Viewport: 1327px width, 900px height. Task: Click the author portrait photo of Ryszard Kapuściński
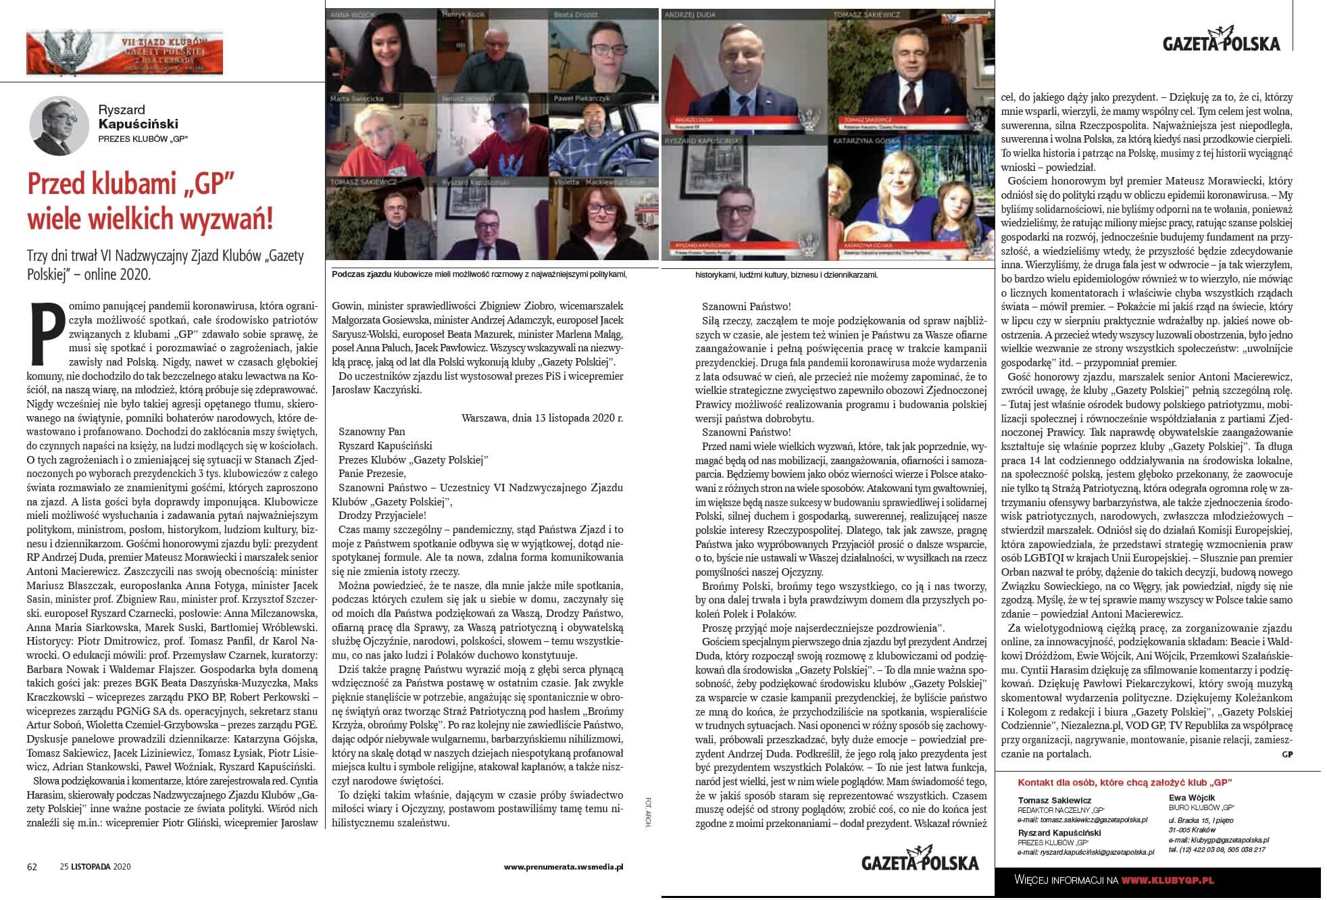pos(59,126)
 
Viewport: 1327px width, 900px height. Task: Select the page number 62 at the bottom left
pos(32,866)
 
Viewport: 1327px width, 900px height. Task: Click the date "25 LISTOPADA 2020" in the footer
pos(95,866)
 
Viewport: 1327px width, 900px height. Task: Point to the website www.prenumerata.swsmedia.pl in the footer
pos(563,866)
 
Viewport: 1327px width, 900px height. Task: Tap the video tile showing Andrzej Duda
pos(744,71)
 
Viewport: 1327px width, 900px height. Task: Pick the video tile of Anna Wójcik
pos(380,51)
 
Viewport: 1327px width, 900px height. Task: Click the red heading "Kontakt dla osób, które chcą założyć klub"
pos(1124,782)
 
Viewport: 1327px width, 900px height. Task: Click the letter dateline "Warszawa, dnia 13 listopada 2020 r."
pos(542,418)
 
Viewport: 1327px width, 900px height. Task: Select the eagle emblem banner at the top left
pos(124,53)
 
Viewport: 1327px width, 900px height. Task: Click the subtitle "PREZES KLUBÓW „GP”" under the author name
pos(143,139)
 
